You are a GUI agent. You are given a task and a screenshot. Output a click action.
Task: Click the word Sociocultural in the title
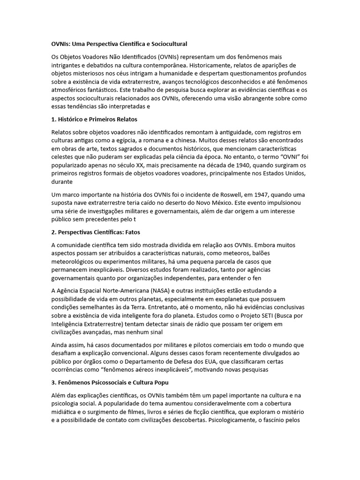click(167, 44)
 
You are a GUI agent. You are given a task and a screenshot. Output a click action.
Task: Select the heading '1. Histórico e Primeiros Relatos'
click(94, 120)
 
